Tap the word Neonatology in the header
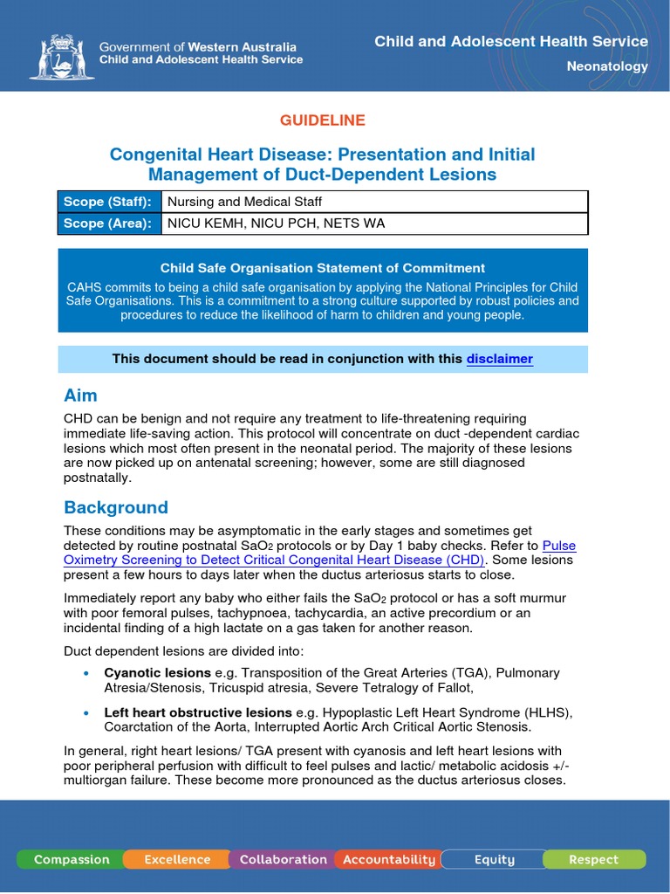(x=607, y=66)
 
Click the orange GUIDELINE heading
(x=322, y=120)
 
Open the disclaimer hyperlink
(x=499, y=359)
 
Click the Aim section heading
(x=80, y=395)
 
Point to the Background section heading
(x=116, y=507)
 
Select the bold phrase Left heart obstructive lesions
(x=197, y=712)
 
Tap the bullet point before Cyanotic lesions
(x=85, y=674)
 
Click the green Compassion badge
(x=72, y=859)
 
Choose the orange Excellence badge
(x=177, y=859)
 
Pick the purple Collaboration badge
(x=283, y=859)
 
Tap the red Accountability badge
(x=388, y=859)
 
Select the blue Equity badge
(x=494, y=859)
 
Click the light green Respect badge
(x=593, y=859)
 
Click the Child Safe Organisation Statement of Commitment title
(x=322, y=268)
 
